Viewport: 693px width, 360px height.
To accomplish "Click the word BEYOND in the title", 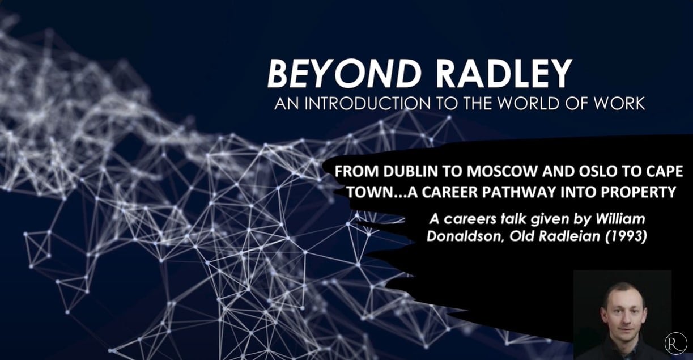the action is click(x=345, y=74).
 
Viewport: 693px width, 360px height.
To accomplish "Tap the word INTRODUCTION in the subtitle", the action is click(x=368, y=103).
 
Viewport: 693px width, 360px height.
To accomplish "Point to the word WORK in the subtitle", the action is click(x=619, y=103).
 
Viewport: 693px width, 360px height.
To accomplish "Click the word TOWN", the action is click(x=370, y=192).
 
